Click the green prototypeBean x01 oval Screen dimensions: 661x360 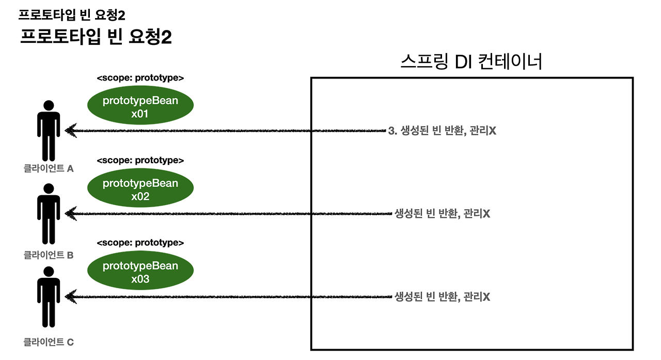coord(140,107)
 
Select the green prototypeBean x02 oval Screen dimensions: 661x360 coord(140,190)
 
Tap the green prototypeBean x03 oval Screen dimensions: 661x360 coord(140,272)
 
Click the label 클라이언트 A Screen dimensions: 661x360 coord(49,168)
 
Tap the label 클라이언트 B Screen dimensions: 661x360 coord(49,255)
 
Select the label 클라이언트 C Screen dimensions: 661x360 coord(49,341)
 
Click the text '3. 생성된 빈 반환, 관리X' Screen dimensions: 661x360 coord(442,131)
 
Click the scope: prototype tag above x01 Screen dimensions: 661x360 coord(140,78)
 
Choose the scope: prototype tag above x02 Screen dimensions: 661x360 coord(140,161)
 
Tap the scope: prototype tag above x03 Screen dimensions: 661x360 coord(140,243)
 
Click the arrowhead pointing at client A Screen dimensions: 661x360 coord(71,131)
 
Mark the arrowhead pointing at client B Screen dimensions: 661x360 coord(71,213)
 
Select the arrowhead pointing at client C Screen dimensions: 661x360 coord(71,296)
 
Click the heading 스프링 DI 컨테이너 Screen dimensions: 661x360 coord(471,62)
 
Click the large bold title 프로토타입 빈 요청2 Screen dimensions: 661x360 coord(96,37)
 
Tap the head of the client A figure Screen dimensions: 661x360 coord(49,105)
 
